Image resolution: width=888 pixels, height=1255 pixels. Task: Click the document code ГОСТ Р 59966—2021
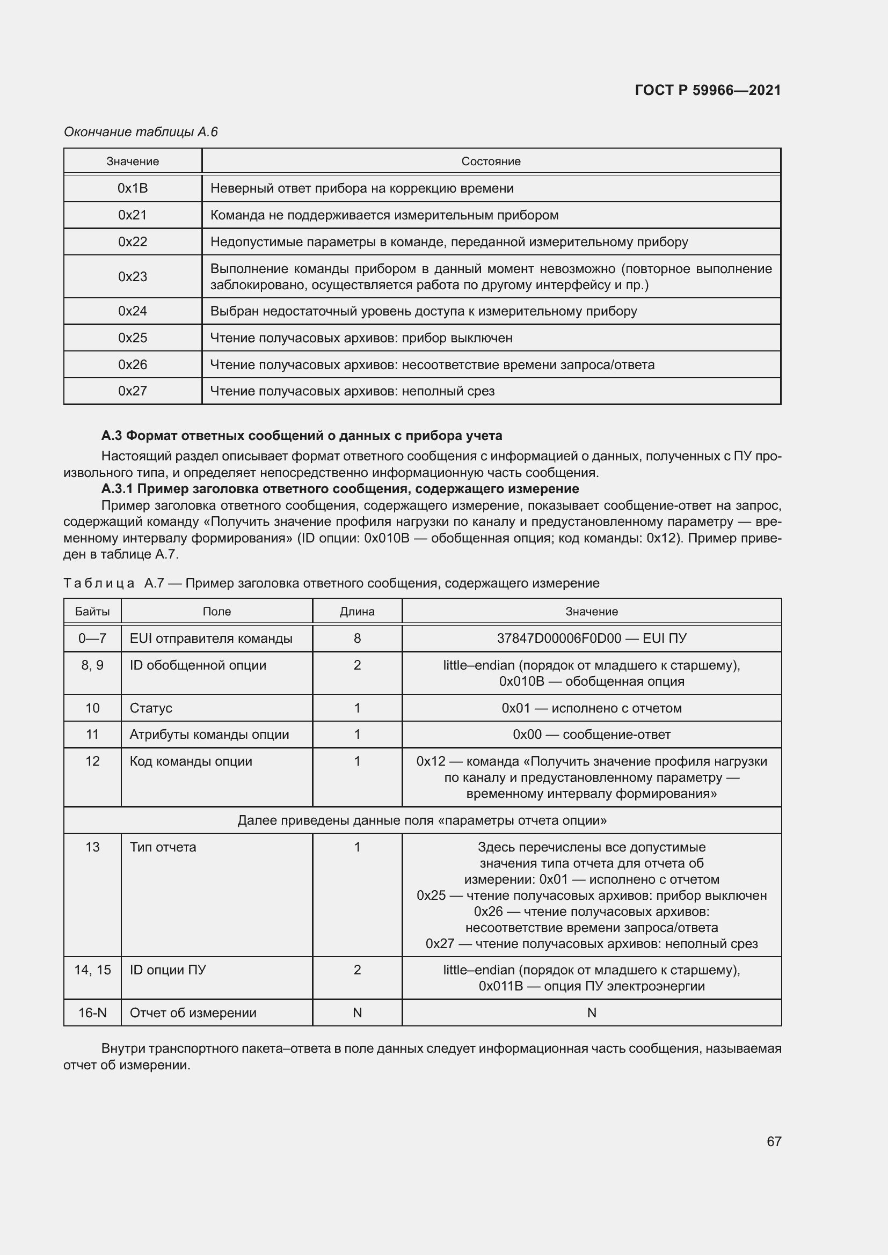pyautogui.click(x=708, y=90)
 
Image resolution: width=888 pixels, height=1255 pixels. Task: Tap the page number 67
pyautogui.click(x=774, y=1141)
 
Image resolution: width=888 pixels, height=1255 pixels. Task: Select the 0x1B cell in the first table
pyautogui.click(x=133, y=188)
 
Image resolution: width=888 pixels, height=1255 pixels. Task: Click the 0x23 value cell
pyautogui.click(x=133, y=276)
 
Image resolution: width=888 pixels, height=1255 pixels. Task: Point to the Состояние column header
pyautogui.click(x=491, y=162)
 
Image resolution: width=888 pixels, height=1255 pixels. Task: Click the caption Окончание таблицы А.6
pyautogui.click(x=141, y=132)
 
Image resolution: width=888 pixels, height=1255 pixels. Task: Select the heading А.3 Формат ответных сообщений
pyautogui.click(x=301, y=436)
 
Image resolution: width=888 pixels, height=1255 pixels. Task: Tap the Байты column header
pyautogui.click(x=92, y=611)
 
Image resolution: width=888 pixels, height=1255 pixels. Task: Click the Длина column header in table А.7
pyautogui.click(x=357, y=611)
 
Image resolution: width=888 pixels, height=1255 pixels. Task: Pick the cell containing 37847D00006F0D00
pyautogui.click(x=591, y=638)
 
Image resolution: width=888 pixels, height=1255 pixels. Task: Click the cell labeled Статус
pyautogui.click(x=151, y=708)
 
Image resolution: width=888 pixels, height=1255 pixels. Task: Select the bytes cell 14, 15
pyautogui.click(x=92, y=970)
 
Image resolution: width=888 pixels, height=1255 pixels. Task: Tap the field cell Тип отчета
pyautogui.click(x=163, y=847)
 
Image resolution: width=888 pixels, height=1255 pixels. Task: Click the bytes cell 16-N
pyautogui.click(x=92, y=1013)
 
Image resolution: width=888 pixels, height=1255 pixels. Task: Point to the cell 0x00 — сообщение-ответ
pyautogui.click(x=591, y=735)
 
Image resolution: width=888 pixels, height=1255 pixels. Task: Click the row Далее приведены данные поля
pyautogui.click(x=421, y=820)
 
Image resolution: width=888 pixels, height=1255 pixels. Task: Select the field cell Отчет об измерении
pyautogui.click(x=193, y=1013)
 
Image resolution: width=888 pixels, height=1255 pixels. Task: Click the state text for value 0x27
pyautogui.click(x=352, y=391)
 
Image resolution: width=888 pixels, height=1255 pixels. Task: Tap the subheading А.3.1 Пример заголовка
pyautogui.click(x=339, y=488)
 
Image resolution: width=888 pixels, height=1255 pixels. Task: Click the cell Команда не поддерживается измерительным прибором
pyautogui.click(x=384, y=215)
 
